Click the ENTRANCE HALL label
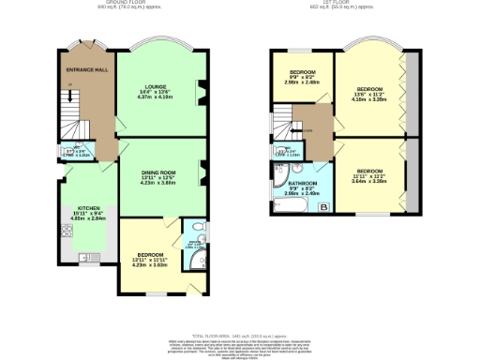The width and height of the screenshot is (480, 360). click(84, 69)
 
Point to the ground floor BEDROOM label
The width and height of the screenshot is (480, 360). click(151, 254)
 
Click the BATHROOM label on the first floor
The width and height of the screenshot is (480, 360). click(303, 183)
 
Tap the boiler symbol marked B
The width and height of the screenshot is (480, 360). click(323, 206)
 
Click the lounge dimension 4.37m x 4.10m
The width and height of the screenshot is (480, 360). click(157, 97)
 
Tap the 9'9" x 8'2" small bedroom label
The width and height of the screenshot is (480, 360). click(303, 77)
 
